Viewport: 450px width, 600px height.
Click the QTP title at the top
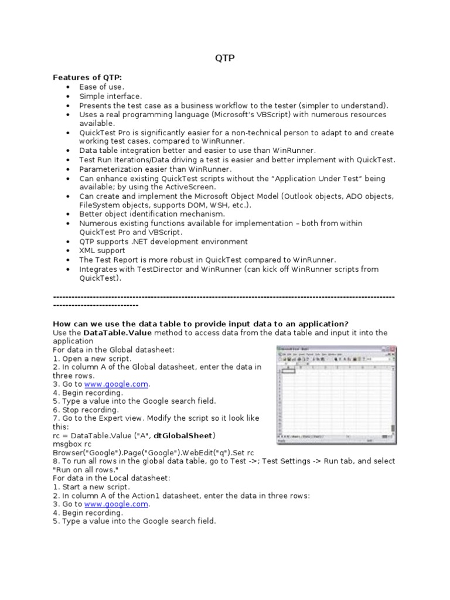pos(224,59)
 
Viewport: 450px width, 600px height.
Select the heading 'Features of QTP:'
pos(88,77)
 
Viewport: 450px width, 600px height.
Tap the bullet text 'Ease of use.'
pos(101,87)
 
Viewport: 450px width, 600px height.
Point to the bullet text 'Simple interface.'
pos(111,96)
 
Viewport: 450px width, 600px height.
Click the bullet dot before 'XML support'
pos(68,251)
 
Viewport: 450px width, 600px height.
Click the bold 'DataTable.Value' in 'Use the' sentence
pos(115,333)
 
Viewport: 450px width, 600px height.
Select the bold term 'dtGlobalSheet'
pos(183,435)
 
